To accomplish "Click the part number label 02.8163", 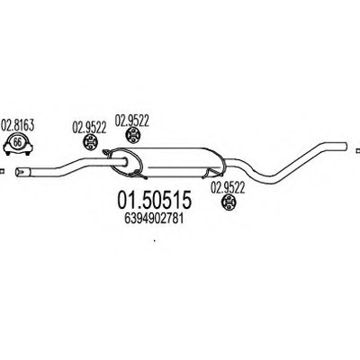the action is pos(18,126).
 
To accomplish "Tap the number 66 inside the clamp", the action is pos(18,142).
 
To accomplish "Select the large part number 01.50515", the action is pos(154,200).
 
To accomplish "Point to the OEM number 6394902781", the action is pos(154,219).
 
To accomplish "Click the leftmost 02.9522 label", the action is pos(89,128).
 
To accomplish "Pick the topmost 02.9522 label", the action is pos(132,121).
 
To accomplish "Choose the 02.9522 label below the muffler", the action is pos(228,188).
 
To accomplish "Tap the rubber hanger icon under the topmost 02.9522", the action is pos(132,135).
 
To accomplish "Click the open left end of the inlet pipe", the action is pos(19,172).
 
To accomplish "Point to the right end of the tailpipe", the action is pos(346,146).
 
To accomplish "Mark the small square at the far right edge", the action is pos(357,150).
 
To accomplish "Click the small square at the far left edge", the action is pos(2,171).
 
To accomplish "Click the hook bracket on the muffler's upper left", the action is pos(106,153).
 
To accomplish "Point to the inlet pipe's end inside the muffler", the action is pos(127,162).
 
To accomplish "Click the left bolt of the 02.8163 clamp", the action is pos(7,153).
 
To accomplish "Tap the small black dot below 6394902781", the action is pos(154,240).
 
